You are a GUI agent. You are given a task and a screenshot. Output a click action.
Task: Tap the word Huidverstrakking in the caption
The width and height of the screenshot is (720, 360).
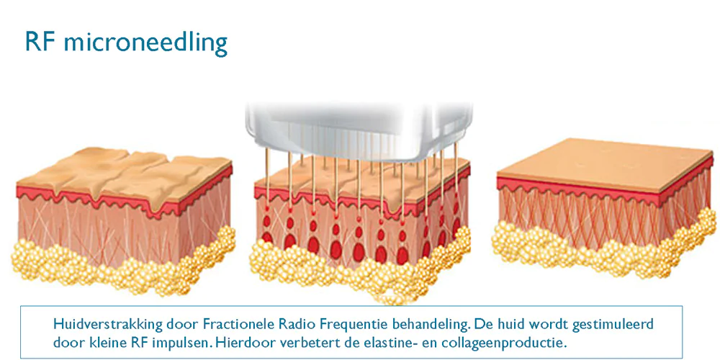pyautogui.click(x=108, y=325)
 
